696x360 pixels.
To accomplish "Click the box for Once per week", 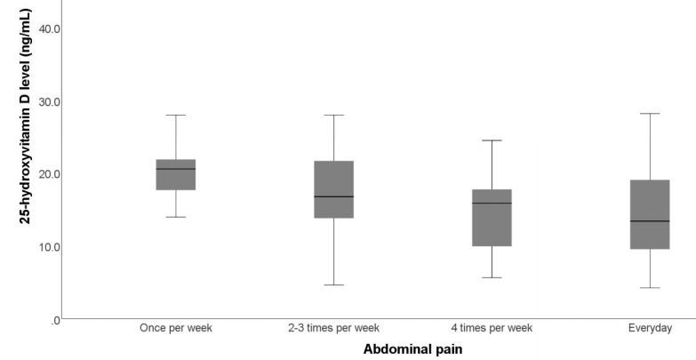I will tap(176, 175).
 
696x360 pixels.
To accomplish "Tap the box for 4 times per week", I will tap(492, 218).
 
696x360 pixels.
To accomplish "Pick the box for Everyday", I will tap(650, 214).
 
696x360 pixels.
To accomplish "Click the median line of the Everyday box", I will tap(650, 220).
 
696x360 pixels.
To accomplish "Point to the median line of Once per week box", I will tap(176, 169).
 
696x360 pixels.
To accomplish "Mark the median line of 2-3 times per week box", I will tap(334, 196).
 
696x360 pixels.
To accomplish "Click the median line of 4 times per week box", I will tap(492, 204).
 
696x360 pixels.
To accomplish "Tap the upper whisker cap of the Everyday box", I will tap(650, 114).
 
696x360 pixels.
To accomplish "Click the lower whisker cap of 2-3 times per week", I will tap(334, 285).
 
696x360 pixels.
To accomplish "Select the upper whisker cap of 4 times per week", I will tap(492, 140).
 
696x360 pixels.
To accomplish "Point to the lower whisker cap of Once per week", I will tap(176, 217).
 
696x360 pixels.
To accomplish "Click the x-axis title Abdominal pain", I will tap(412, 349).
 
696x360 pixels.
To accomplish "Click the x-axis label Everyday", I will tap(650, 328).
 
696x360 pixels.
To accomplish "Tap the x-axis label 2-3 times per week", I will tap(334, 328).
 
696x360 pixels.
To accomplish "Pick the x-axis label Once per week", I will tap(176, 328).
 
